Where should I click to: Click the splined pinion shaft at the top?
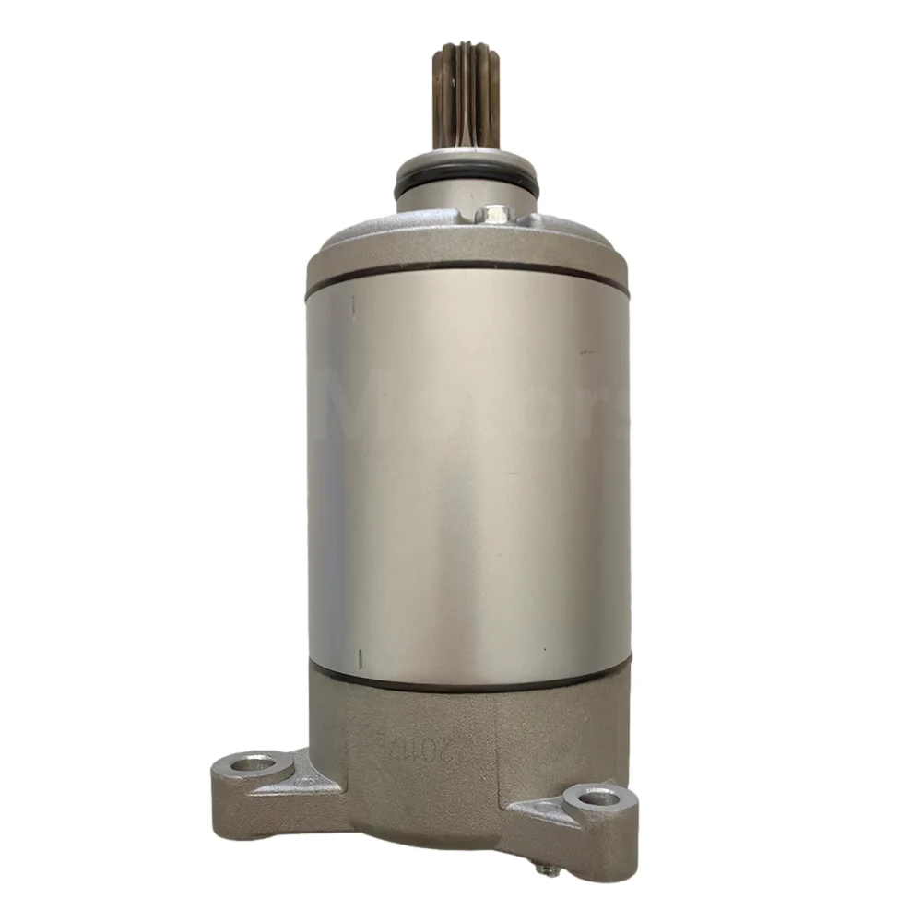tap(466, 97)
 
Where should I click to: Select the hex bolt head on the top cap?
tap(495, 215)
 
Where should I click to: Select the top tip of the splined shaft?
tap(466, 46)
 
